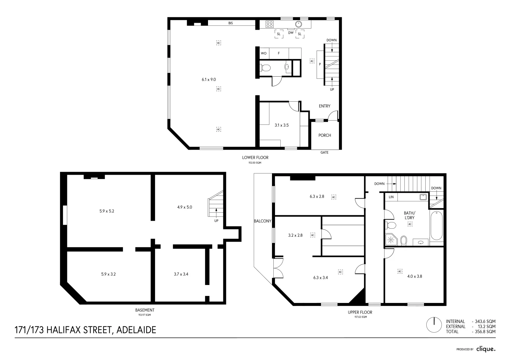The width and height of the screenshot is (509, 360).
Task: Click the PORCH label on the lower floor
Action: (324, 135)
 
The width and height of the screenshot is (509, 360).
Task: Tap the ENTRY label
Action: (324, 106)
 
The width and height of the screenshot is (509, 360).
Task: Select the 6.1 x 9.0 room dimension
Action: (209, 79)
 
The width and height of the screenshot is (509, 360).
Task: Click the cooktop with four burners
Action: (270, 24)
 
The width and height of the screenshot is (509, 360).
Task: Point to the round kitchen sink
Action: (298, 24)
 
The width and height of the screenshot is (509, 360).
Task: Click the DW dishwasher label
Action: (291, 33)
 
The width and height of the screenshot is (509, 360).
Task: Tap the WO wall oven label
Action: (263, 53)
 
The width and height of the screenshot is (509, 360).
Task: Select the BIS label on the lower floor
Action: (230, 23)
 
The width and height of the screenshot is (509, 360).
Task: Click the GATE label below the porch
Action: (324, 152)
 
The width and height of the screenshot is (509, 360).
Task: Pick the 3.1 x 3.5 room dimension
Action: (281, 125)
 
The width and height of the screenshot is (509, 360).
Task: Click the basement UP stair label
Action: (216, 221)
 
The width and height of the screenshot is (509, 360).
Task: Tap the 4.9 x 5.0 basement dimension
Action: (184, 207)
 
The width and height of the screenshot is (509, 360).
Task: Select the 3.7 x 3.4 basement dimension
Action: (181, 274)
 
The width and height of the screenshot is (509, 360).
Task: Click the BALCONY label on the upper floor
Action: (263, 221)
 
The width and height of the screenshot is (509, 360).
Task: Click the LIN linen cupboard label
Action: (391, 197)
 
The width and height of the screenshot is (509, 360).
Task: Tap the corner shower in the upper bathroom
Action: (391, 239)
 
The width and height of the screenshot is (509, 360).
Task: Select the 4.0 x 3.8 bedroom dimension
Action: (415, 276)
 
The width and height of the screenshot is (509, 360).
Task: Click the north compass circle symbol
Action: (435, 324)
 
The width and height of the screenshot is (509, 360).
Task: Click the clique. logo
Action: (486, 349)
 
